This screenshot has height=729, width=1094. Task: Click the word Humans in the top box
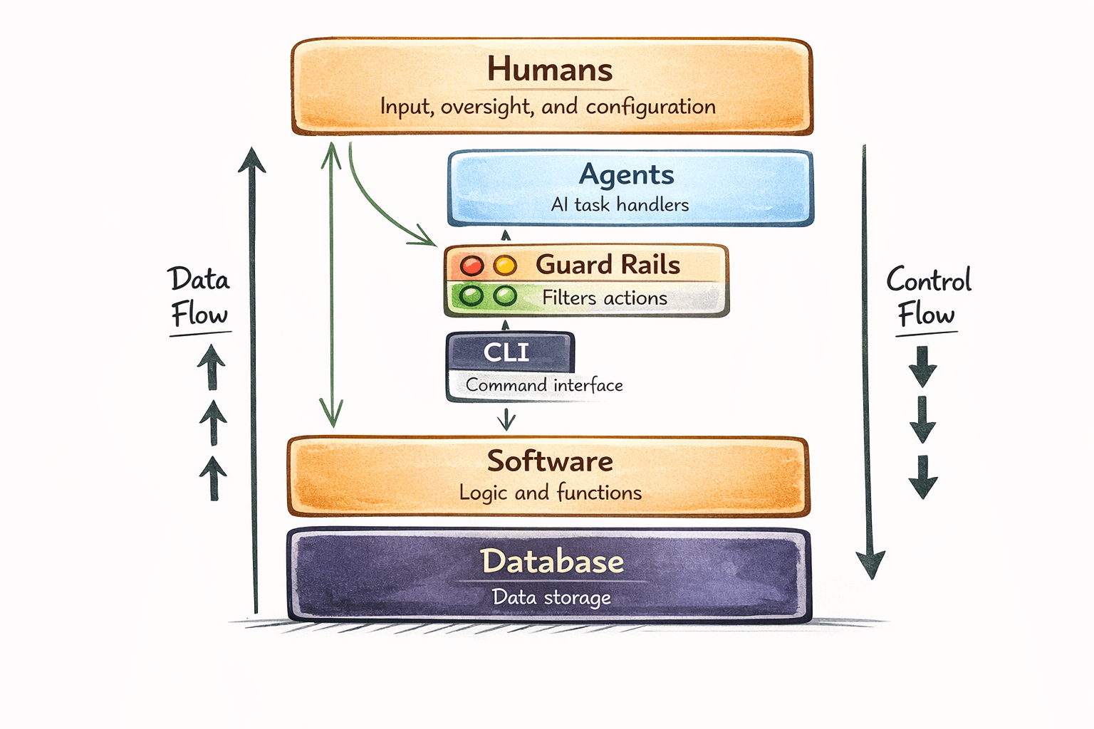[x=549, y=70]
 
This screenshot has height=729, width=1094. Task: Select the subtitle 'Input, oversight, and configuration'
[x=548, y=107]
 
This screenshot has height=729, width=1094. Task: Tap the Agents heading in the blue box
[x=626, y=174]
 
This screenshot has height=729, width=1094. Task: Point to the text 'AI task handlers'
[x=620, y=205]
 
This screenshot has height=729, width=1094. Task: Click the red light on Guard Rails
[x=472, y=266]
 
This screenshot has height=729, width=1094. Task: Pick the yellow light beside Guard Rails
[x=505, y=266]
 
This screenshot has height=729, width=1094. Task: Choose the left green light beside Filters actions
[x=472, y=295]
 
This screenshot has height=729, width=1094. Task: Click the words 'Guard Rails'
[x=608, y=265]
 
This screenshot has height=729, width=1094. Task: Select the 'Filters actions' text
[x=605, y=298]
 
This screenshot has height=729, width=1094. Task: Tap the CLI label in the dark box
[x=506, y=352]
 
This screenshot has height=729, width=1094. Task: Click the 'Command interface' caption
[x=544, y=385]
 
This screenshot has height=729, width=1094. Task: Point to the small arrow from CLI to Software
[x=506, y=419]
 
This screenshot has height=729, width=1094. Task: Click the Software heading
[x=550, y=461]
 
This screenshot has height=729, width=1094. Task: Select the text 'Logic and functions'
[x=550, y=493]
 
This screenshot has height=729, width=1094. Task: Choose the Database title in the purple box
[x=552, y=562]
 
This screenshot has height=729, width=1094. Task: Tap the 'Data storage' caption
[x=551, y=597]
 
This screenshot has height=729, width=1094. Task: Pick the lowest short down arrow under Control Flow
[x=923, y=477]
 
